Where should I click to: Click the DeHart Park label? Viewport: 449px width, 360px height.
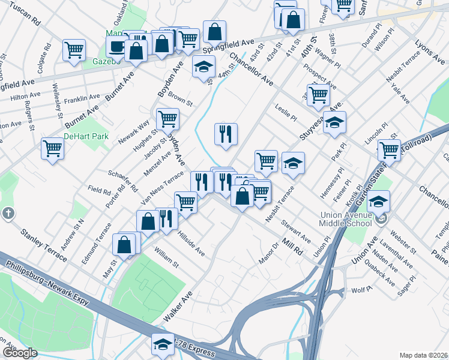(x=86, y=136)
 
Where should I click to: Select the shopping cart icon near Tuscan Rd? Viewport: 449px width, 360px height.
(x=74, y=50)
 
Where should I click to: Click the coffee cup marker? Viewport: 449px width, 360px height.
(x=116, y=47)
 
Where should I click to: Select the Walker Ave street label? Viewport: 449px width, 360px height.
(x=178, y=306)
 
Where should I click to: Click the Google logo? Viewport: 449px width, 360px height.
(x=19, y=353)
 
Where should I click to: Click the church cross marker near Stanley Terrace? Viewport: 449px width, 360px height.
(x=8, y=213)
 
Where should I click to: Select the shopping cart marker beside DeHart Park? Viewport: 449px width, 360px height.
(x=52, y=148)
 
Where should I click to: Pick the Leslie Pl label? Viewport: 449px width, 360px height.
(x=286, y=112)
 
